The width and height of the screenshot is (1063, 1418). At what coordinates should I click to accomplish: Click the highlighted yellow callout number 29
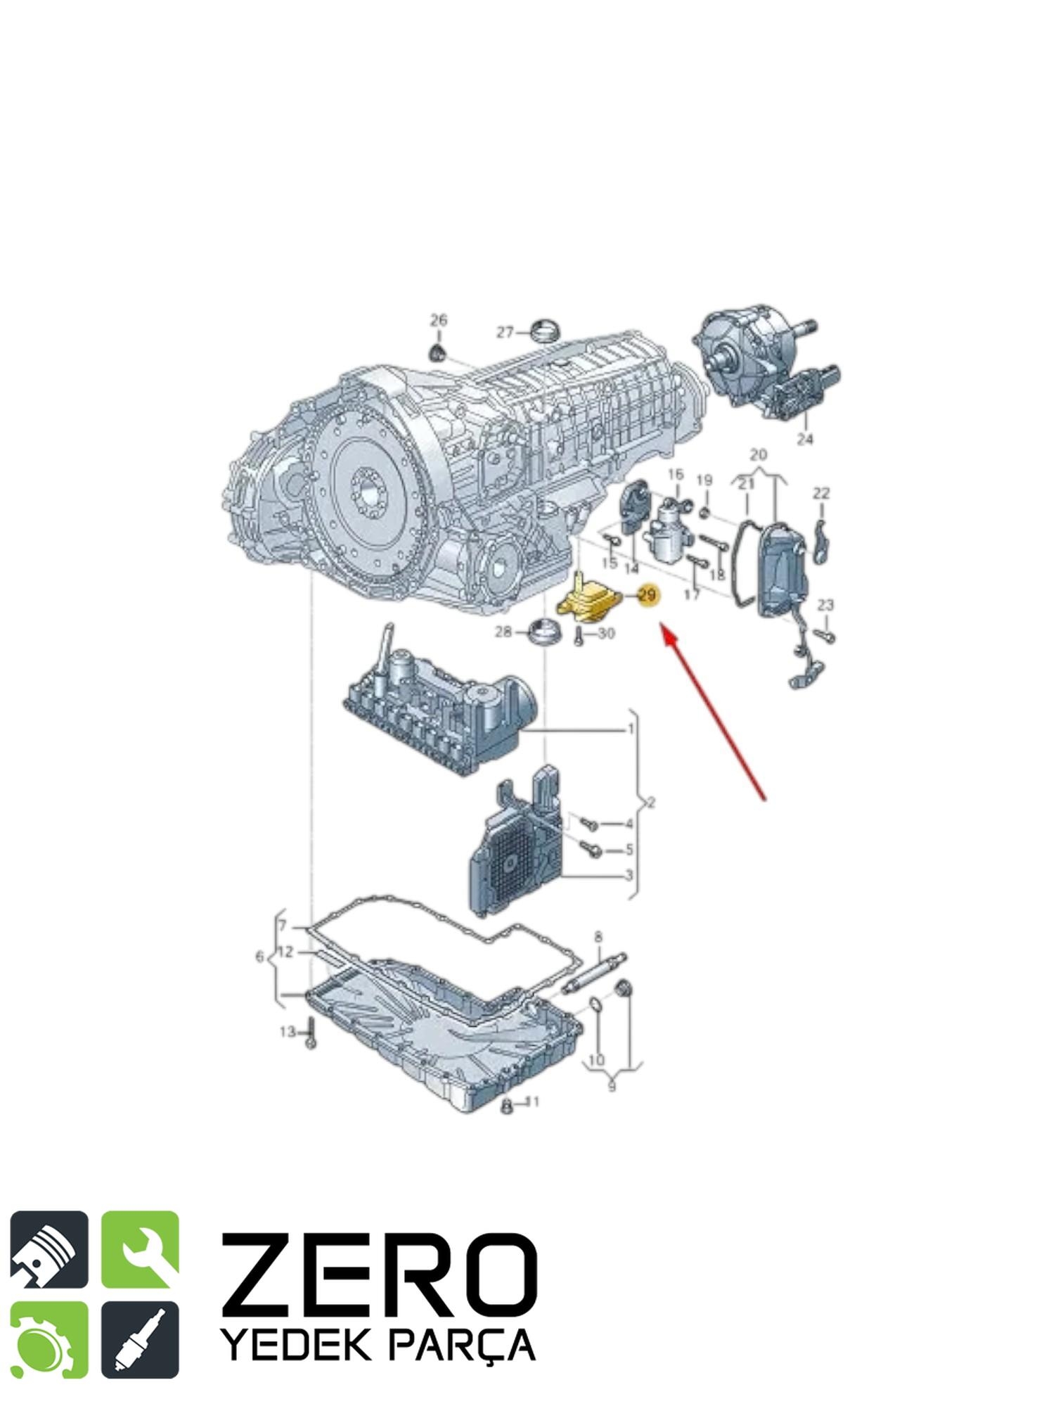click(x=647, y=595)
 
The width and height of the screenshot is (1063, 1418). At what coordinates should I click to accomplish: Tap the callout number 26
click(x=439, y=320)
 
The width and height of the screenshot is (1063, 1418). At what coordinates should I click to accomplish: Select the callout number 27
click(x=505, y=332)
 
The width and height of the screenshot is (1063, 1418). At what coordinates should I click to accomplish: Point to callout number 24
click(x=805, y=439)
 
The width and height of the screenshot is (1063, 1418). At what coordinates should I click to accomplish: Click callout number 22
click(x=821, y=493)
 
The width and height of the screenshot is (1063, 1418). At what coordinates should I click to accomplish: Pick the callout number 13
click(x=288, y=1032)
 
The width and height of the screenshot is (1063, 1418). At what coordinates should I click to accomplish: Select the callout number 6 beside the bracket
click(x=259, y=957)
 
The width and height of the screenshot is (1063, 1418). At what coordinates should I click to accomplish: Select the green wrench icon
click(x=140, y=1249)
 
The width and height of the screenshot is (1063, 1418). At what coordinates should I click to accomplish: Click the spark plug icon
click(x=140, y=1340)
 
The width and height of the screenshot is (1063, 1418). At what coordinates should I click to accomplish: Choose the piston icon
click(x=49, y=1249)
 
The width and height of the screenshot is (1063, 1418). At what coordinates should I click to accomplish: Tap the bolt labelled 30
click(x=578, y=637)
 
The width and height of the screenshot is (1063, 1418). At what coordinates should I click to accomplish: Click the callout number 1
click(x=631, y=729)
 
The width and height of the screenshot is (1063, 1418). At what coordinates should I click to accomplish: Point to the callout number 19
click(x=704, y=480)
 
